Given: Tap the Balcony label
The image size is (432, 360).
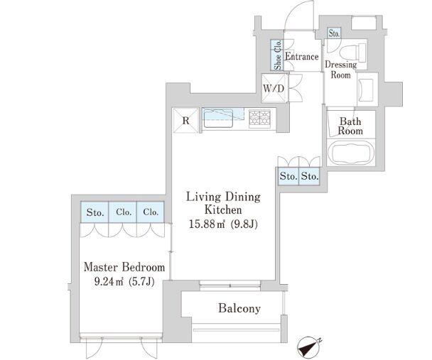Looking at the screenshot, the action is click(239, 308).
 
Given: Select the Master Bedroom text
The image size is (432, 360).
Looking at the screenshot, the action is click(124, 267).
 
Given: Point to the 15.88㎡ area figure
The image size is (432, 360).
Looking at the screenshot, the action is click(206, 224).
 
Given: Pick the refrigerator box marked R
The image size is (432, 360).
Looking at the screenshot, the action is click(185, 121).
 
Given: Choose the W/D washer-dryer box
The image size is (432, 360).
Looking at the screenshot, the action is click(274, 89).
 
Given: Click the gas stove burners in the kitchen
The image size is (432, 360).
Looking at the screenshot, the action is click(259, 118).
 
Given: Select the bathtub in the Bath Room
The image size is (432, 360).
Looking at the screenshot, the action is click(351, 153).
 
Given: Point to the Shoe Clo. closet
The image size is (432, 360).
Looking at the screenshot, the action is click(277, 55).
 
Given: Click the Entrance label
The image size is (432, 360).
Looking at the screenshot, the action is click(302, 56).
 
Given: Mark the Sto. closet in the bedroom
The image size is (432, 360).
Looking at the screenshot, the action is click(94, 212).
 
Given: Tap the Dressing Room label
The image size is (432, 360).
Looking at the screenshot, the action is click(341, 70).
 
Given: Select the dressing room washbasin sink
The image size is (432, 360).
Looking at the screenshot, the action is click(365, 89).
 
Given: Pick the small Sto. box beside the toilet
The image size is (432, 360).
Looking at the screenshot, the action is click(334, 33).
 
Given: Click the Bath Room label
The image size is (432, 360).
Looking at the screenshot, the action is click(350, 126).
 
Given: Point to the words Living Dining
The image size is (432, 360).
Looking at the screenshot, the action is click(223, 197).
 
